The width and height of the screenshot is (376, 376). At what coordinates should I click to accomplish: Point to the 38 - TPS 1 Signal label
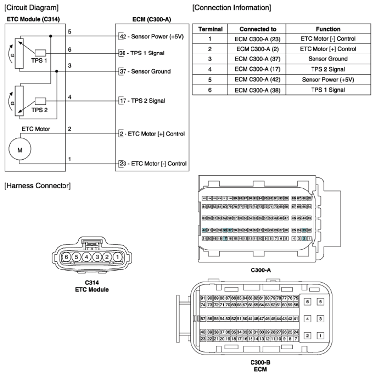point(144,53)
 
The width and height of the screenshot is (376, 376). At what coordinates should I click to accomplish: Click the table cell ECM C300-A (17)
point(258,69)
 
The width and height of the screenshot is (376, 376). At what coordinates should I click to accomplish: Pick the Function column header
point(328,29)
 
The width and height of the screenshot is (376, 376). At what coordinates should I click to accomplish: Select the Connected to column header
point(258,29)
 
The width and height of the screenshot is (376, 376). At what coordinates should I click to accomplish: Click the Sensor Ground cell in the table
point(328,59)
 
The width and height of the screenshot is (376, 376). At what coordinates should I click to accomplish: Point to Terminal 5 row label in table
point(210,79)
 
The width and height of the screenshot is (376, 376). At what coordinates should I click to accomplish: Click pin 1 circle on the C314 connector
point(116,257)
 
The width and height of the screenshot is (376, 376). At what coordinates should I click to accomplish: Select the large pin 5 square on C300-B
point(320,301)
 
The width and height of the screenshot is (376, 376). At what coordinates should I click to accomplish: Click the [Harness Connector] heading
point(37,186)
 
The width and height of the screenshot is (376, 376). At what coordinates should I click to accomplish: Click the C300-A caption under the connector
point(261,270)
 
